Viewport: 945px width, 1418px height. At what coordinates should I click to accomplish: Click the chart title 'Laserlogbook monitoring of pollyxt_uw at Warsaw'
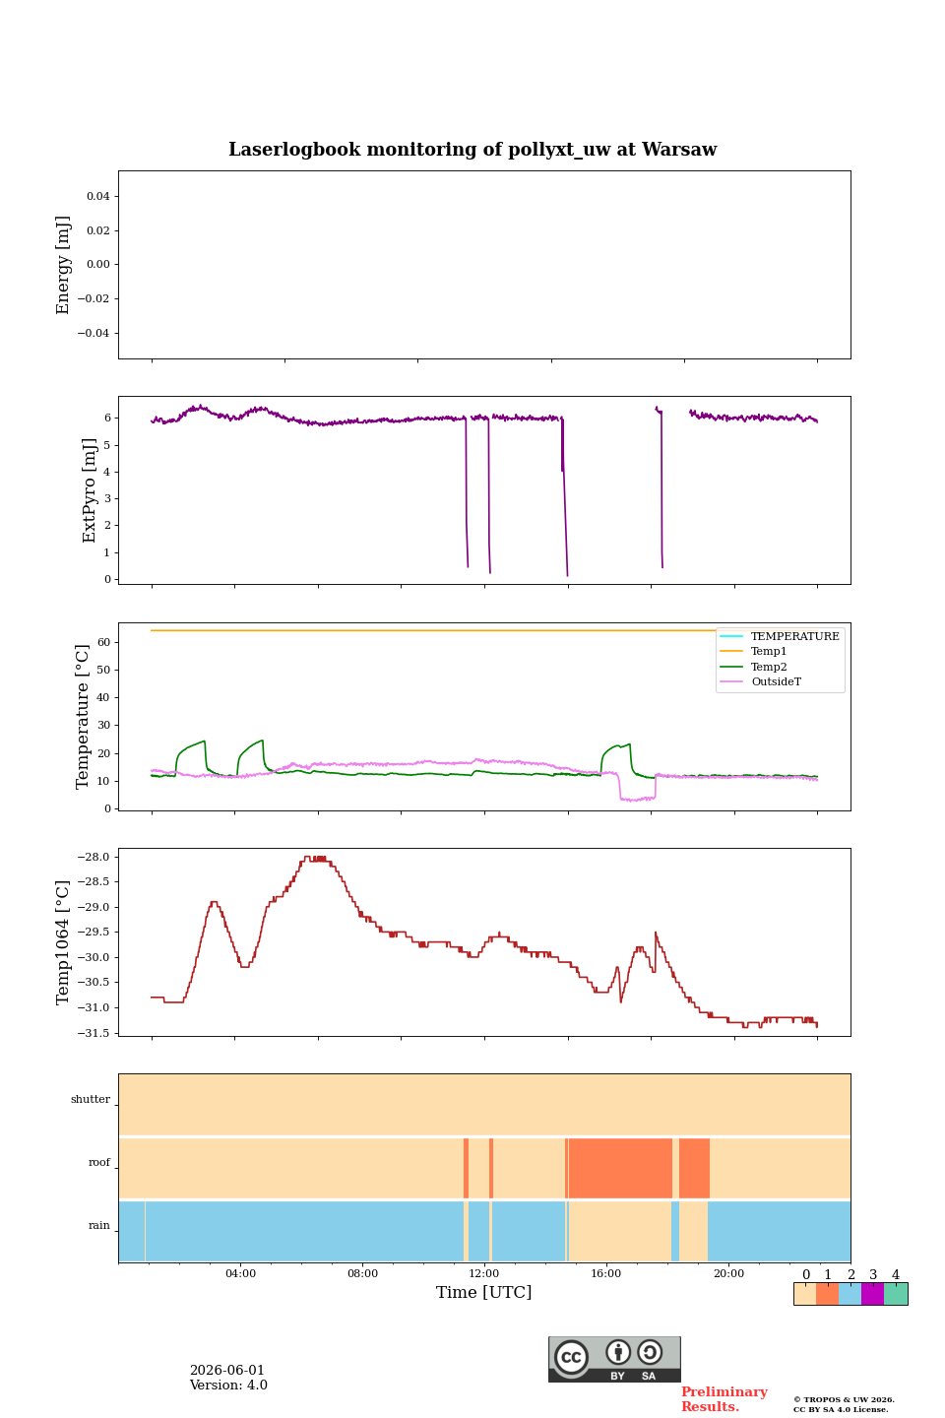tap(472, 150)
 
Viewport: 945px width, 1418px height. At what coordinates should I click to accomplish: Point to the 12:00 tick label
tap(484, 1273)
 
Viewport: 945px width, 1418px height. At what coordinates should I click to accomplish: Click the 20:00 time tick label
tap(728, 1273)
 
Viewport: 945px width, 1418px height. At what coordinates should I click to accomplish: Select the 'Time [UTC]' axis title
tap(483, 1292)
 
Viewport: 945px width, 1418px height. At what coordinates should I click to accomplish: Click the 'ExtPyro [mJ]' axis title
tap(89, 490)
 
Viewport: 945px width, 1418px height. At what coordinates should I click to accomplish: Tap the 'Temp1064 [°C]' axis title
tap(62, 942)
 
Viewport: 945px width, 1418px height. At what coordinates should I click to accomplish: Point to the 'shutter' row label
tap(91, 1099)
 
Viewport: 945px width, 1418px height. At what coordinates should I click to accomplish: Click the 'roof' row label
tap(99, 1162)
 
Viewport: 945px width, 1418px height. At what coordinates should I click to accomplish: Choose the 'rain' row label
tap(99, 1225)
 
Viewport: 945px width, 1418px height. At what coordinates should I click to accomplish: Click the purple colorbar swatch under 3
tap(872, 1294)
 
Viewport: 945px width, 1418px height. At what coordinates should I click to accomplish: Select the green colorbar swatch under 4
tap(896, 1294)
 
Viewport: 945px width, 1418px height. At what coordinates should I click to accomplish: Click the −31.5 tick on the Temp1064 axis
tap(94, 1033)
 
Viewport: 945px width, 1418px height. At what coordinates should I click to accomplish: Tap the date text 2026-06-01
tap(226, 1370)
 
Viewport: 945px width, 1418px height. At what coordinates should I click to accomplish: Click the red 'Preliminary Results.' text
tap(724, 1398)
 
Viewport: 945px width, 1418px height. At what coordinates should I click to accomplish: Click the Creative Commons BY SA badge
tap(614, 1359)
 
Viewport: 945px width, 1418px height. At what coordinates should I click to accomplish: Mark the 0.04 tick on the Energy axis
tap(98, 196)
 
